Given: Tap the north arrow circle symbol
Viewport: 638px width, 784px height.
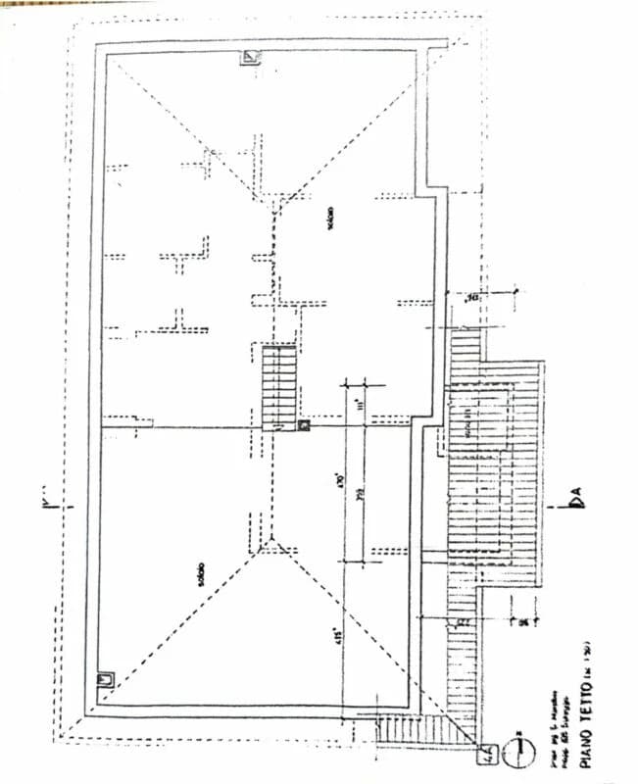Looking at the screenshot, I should point(520,751).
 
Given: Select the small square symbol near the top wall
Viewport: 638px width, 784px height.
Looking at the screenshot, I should point(251,57).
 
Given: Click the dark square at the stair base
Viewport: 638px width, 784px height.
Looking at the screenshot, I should point(304,425).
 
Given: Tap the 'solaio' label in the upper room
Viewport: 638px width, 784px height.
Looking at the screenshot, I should point(330,217).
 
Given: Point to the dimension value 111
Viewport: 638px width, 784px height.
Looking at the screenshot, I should point(360,403).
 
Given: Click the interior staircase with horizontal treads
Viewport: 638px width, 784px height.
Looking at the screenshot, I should point(279,384).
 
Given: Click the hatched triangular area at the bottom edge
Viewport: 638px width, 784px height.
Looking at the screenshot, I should point(412,730).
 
